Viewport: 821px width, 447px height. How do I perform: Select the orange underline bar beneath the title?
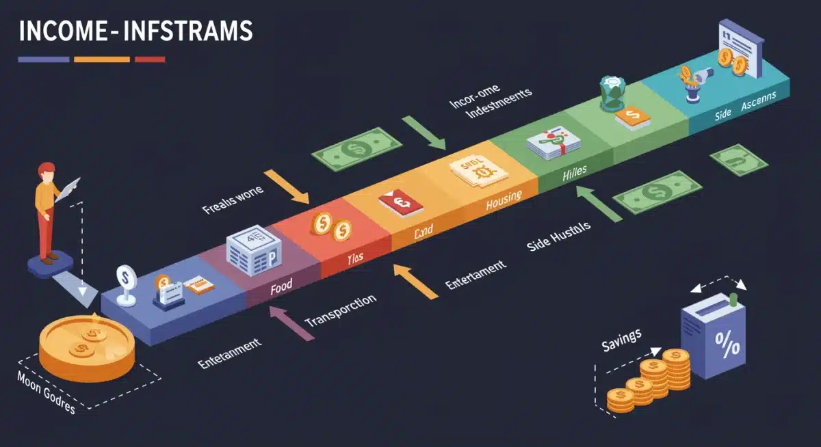[101, 59]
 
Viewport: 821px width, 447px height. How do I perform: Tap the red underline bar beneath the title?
[150, 59]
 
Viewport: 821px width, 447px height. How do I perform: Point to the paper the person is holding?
[69, 188]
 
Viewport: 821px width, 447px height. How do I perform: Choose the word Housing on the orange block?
[504, 200]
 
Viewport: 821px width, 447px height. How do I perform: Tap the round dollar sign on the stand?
[125, 277]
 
